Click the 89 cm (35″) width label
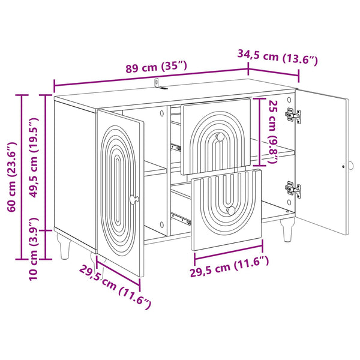[157, 67]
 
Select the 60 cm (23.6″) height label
[12, 177]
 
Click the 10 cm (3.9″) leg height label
[34, 249]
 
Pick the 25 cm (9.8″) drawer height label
[274, 132]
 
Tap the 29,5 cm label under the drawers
[229, 266]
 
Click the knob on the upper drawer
[220, 137]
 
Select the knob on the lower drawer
[231, 211]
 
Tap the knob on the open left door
[134, 199]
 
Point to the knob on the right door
[351, 166]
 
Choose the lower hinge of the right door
[293, 189]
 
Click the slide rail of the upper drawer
[176, 147]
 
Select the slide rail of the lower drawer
[181, 219]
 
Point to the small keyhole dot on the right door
[343, 166]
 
